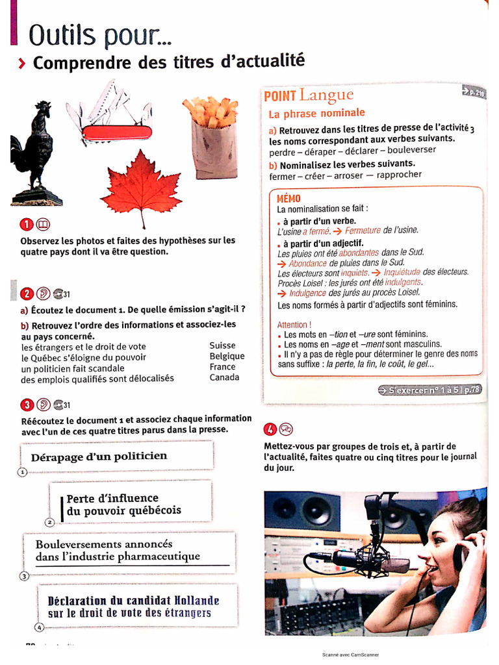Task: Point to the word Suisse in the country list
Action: (222, 346)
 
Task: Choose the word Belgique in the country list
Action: (227, 357)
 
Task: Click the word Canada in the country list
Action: (224, 377)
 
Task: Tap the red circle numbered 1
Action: (27, 225)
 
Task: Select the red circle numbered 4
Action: (270, 429)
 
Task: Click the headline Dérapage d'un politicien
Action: (99, 457)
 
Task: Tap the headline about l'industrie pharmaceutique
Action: (118, 550)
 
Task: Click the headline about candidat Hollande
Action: (133, 607)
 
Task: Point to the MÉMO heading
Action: (288, 199)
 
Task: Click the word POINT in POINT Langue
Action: (280, 97)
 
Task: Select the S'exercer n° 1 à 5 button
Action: (429, 390)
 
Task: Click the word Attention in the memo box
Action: (294, 325)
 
